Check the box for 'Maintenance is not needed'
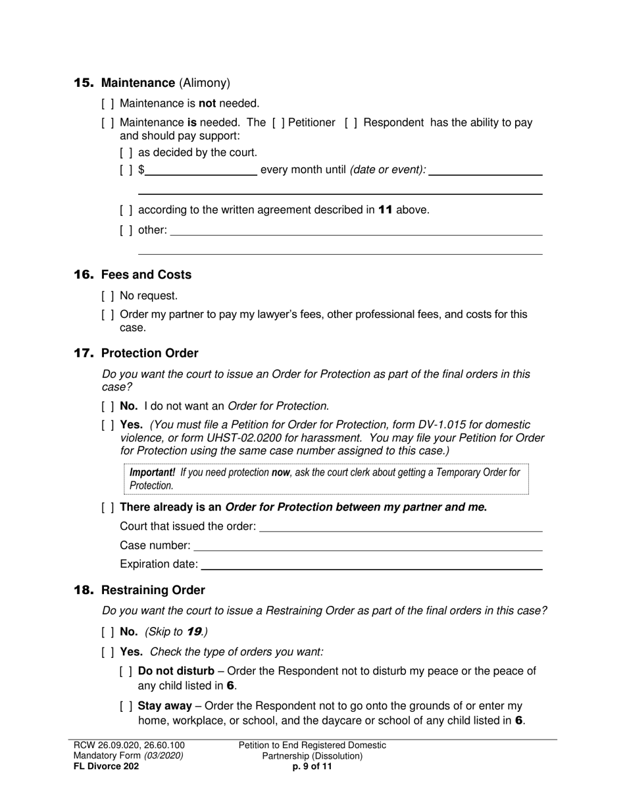click(x=108, y=103)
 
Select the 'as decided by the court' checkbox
click(x=126, y=153)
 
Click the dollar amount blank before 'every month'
click(x=201, y=171)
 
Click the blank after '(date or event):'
click(x=486, y=171)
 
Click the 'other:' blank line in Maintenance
click(x=356, y=230)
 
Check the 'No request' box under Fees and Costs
click(x=108, y=296)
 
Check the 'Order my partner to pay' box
click(x=108, y=315)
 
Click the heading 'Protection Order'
click(x=149, y=354)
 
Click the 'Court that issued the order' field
click(x=401, y=527)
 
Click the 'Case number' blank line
click(x=368, y=546)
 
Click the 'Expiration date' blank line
click(x=372, y=564)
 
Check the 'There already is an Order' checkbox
click(x=108, y=507)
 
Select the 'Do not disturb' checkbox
click(x=126, y=671)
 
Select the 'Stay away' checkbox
click(x=126, y=706)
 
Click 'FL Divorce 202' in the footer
click(x=106, y=767)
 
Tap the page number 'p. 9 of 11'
click(x=312, y=767)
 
